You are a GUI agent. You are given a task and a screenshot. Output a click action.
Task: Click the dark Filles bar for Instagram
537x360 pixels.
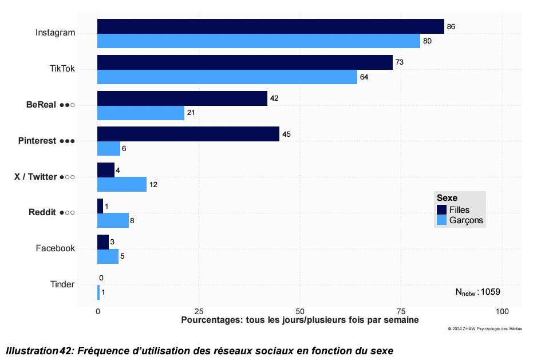(x=270, y=26)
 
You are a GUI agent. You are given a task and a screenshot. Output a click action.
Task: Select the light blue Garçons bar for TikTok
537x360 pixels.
(x=227, y=77)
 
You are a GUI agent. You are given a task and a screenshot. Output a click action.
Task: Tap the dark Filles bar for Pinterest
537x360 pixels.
(x=188, y=134)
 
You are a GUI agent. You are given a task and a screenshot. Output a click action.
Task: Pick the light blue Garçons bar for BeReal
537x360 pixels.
(x=140, y=113)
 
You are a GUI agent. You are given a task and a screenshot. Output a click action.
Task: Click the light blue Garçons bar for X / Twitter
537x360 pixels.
(x=121, y=184)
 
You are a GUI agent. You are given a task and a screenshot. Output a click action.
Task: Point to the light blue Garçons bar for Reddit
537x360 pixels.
(x=113, y=220)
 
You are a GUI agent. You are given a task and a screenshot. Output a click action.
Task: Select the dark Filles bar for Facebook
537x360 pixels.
(x=102, y=242)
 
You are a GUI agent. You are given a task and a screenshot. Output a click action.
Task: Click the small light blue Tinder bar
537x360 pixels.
(x=98, y=292)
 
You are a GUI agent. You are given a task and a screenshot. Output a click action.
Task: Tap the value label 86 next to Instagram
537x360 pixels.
(x=451, y=26)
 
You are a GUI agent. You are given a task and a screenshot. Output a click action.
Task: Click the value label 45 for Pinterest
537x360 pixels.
(x=287, y=134)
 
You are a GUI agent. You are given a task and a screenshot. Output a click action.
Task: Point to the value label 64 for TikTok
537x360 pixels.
(x=364, y=77)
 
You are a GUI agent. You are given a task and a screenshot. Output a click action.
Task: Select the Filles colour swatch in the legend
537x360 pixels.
(x=441, y=209)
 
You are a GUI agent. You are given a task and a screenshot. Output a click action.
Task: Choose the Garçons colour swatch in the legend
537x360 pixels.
(x=441, y=220)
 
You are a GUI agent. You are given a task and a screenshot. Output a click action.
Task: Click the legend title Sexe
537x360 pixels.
(x=447, y=198)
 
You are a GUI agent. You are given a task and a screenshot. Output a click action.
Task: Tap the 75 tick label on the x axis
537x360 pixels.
(x=401, y=311)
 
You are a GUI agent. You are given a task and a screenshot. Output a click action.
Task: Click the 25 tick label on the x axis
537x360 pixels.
(x=199, y=311)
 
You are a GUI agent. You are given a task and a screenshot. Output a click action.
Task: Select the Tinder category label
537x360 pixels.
(x=62, y=284)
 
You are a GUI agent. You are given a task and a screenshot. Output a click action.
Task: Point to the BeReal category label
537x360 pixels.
(x=42, y=105)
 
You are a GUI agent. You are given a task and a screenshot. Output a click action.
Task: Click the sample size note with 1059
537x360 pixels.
(x=477, y=292)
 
